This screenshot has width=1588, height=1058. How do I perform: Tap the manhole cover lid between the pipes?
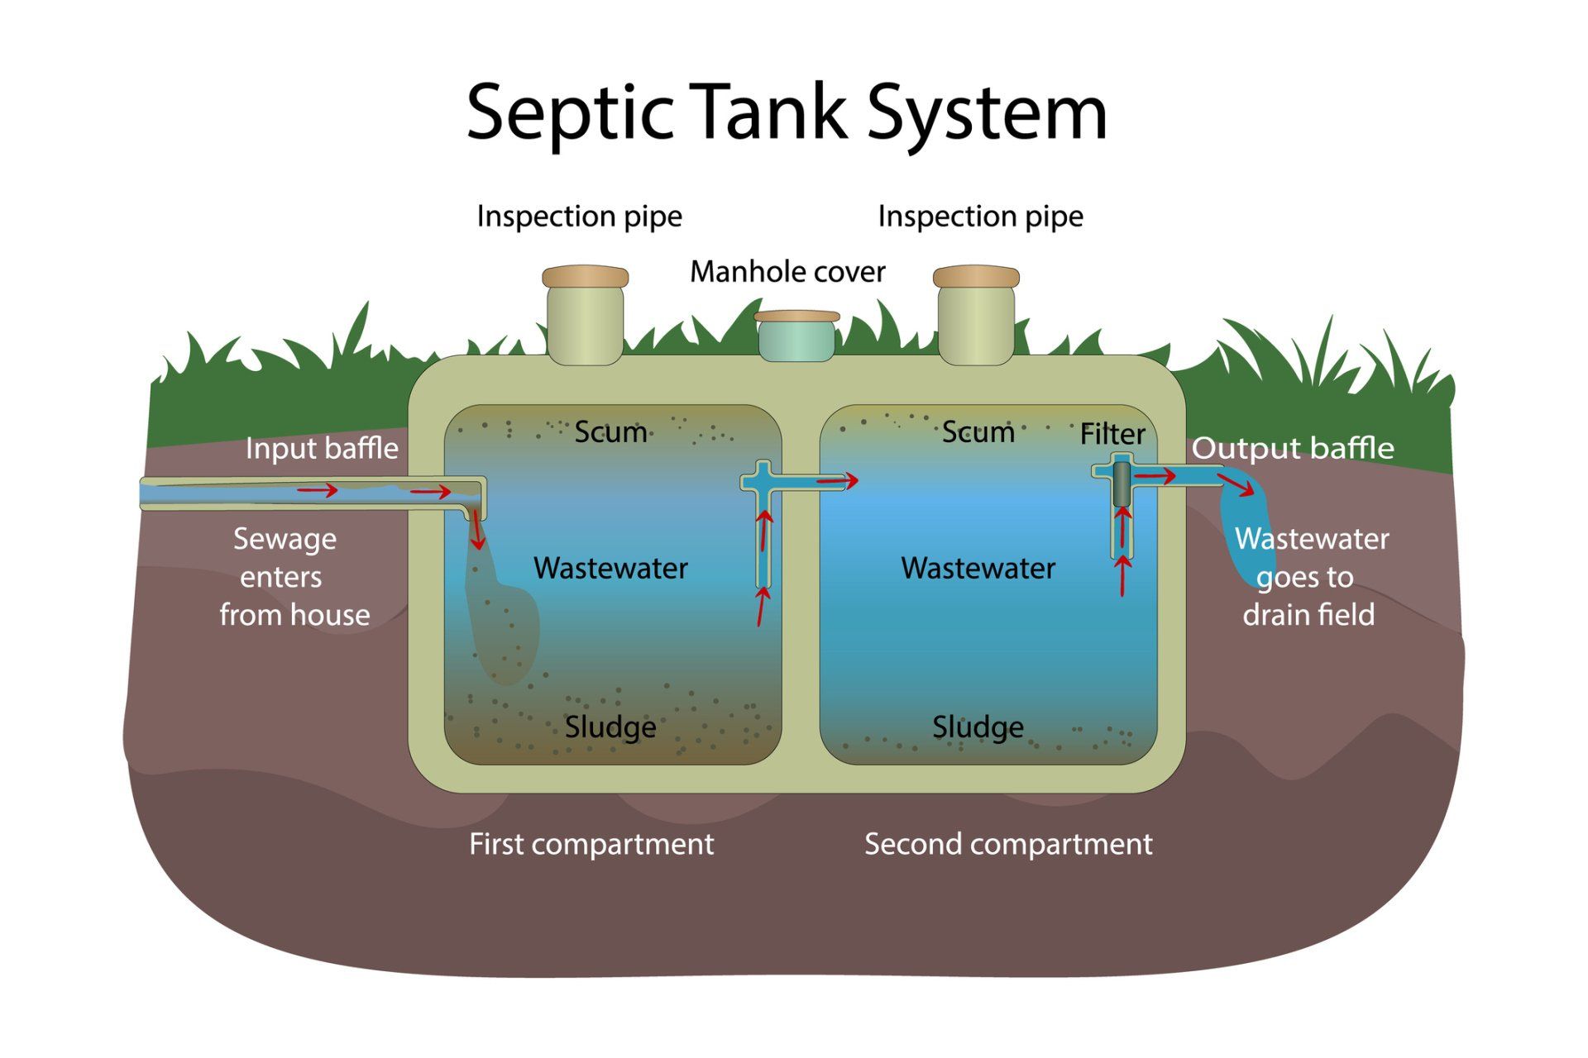click(x=796, y=317)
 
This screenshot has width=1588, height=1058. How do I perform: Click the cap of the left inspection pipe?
click(x=585, y=276)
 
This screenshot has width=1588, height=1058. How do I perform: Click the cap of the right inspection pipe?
click(x=976, y=276)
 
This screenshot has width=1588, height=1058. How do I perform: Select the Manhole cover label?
click(x=787, y=272)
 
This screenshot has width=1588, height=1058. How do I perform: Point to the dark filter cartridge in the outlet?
click(x=1121, y=484)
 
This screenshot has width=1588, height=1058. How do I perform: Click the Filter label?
click(x=1112, y=434)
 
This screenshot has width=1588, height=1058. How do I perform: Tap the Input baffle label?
click(x=322, y=449)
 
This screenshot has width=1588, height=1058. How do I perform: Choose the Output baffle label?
click(x=1292, y=449)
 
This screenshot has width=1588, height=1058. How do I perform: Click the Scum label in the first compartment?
click(x=610, y=431)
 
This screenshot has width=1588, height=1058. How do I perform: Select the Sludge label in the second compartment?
click(x=978, y=727)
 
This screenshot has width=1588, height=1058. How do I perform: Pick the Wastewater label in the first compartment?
click(x=610, y=569)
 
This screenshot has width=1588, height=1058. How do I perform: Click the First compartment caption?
click(x=591, y=844)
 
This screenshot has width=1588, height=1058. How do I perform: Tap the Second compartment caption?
click(x=1007, y=844)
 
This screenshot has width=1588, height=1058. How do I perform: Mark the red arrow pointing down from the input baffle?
click(x=477, y=531)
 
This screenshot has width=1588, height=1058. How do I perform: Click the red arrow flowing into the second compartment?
click(x=837, y=480)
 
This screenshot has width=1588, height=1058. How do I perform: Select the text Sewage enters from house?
click(x=289, y=577)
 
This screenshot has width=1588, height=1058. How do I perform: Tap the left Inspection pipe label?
click(x=579, y=217)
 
